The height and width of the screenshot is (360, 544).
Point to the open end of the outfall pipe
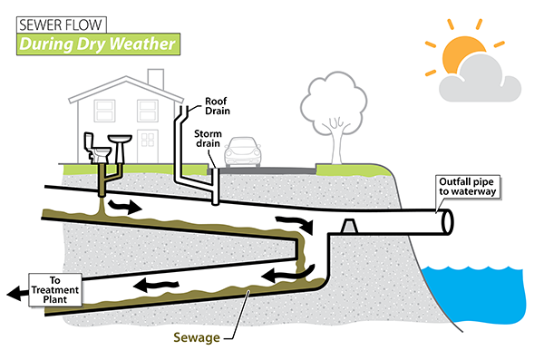tap(445, 221)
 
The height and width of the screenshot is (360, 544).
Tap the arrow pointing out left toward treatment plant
tap(16, 291)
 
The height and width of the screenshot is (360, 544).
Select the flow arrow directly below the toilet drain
tap(124, 206)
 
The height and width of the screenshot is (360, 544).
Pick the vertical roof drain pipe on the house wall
tap(178, 145)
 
